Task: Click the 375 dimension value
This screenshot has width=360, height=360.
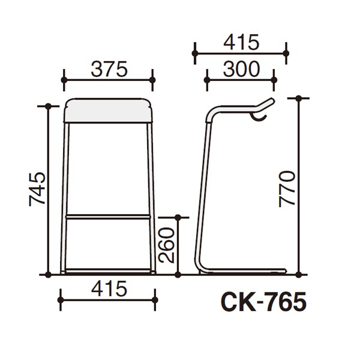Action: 109,70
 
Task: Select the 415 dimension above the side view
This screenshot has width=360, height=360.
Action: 240,43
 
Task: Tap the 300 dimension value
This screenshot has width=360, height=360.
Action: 240,70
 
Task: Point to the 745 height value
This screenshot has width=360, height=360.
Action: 36,190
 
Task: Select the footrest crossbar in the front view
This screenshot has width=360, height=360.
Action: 109,215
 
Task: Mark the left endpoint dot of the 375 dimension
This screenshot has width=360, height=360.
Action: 64,79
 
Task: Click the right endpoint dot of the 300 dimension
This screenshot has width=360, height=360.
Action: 275,78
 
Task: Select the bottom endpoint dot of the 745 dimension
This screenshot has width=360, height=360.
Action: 47,274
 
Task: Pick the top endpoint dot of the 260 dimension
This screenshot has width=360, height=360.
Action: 178,217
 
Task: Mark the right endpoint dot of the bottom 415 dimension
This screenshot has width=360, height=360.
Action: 154,299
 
